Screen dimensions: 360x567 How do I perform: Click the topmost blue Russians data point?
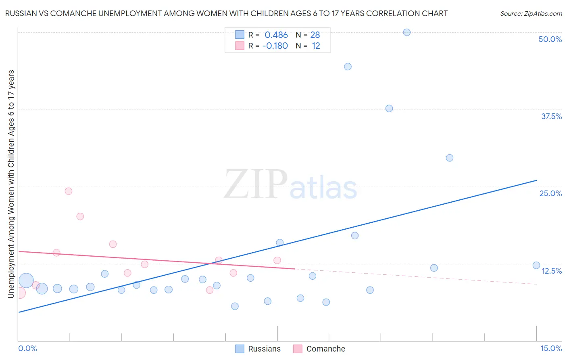coord(406,32)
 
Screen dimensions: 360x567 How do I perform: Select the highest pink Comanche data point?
coord(69,191)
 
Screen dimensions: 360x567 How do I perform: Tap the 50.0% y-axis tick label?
coord(550,39)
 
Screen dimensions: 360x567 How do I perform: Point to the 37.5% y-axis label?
coord(551,116)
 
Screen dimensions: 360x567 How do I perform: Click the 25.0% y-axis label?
coord(550,193)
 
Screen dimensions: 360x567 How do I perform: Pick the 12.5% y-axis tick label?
coord(551,271)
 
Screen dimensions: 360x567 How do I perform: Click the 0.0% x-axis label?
coord(28,348)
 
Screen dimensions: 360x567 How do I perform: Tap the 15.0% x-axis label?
coord(551,348)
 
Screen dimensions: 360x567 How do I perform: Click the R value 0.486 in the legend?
coord(276,35)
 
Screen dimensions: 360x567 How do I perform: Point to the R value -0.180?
coord(275,46)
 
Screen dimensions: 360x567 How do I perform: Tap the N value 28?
coord(315,35)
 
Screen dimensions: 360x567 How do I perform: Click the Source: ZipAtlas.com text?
coord(531,14)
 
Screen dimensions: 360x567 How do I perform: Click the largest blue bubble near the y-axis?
coord(26,280)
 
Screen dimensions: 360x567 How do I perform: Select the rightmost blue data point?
coord(536,265)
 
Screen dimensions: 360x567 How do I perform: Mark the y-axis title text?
coord(11,184)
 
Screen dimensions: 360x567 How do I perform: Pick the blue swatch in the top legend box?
coord(240,35)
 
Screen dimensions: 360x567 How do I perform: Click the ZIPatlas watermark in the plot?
coord(290,185)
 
